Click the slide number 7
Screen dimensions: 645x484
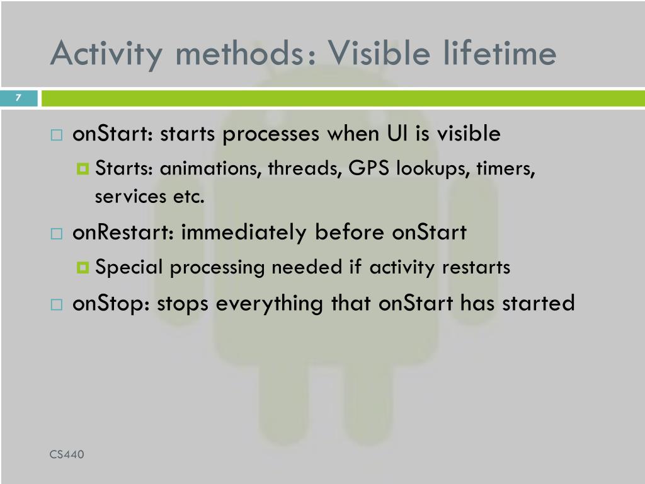[x=18, y=98]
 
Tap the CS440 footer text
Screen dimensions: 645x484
[x=67, y=454]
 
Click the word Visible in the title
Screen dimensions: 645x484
[x=379, y=53]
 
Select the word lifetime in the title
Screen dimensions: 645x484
[x=499, y=53]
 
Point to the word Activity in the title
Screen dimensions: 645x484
[x=106, y=55]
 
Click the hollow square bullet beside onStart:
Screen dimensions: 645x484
[x=57, y=135]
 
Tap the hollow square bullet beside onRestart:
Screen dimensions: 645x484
[x=57, y=234]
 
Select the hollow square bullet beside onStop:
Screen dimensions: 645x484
[x=57, y=304]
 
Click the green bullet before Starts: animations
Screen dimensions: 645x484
[x=83, y=169]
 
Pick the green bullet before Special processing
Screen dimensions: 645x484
[x=83, y=268]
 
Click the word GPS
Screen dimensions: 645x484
[x=368, y=168]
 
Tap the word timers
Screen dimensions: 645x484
[x=506, y=169]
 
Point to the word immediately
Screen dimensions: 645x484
[x=244, y=233]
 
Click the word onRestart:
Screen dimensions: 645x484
[x=123, y=232]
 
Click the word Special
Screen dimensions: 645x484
[x=129, y=267]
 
